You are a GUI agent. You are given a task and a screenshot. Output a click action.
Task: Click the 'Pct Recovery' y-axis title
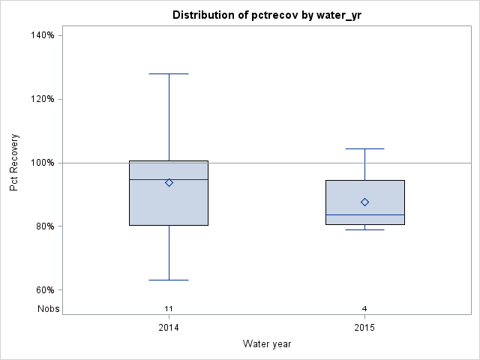[x=15, y=163]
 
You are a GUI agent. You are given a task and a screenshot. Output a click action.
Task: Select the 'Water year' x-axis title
[x=267, y=343]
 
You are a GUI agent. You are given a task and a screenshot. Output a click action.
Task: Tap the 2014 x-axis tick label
[x=169, y=328]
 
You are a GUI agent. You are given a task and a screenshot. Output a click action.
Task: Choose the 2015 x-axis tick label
[x=364, y=328]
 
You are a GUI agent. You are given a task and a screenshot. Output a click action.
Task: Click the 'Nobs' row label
[x=49, y=308]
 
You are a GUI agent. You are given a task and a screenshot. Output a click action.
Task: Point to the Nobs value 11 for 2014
[x=169, y=308]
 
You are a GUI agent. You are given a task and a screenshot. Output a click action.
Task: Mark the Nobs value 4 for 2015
[x=364, y=308]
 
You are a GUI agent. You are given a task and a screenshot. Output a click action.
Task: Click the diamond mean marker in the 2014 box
[x=169, y=182]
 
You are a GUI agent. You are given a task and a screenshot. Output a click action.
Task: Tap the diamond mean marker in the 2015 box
[x=364, y=202]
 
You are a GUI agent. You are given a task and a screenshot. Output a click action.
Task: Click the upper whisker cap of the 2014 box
[x=169, y=74]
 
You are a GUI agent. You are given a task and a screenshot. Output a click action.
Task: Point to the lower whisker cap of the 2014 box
[x=169, y=280]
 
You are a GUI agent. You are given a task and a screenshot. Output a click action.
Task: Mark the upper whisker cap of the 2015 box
[x=364, y=148]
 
